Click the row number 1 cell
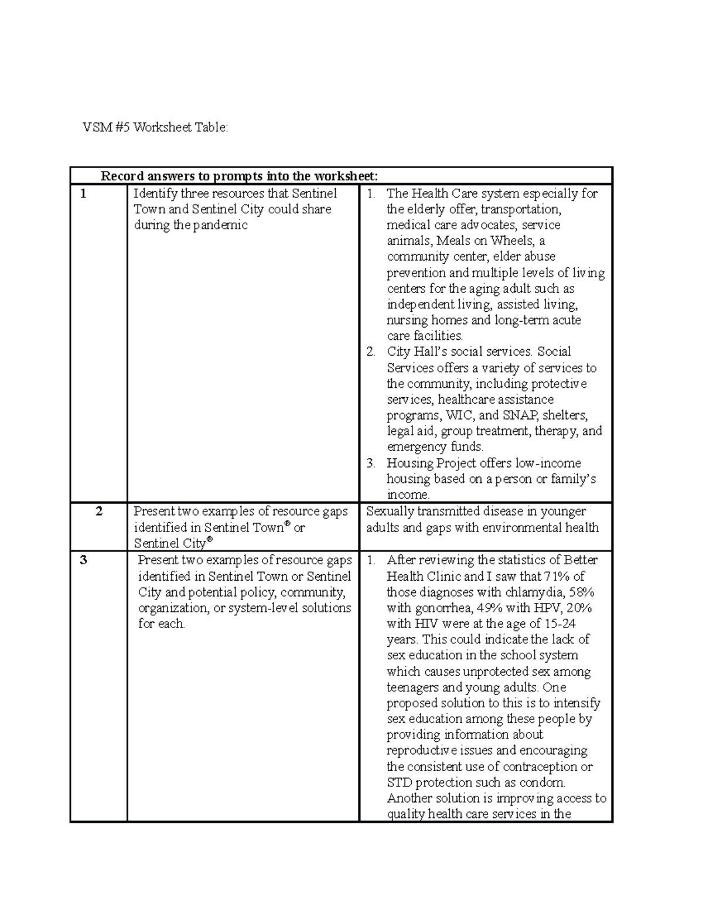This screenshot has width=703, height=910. [84, 194]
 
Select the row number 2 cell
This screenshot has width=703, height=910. [99, 512]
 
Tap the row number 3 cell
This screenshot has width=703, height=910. [84, 560]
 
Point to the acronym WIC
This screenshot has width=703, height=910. [459, 415]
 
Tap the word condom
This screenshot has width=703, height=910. [544, 783]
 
